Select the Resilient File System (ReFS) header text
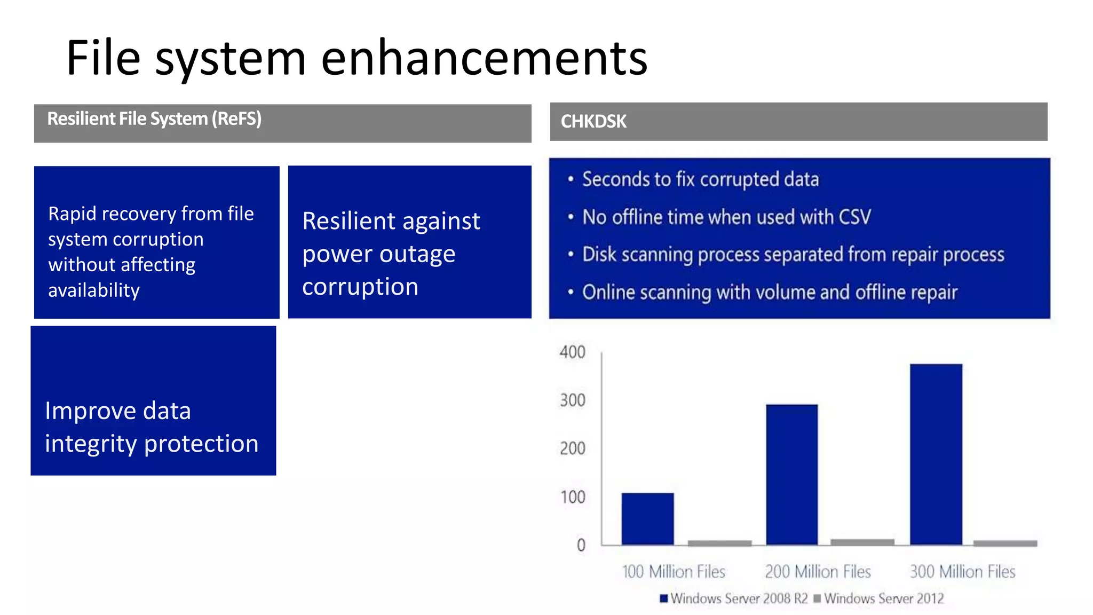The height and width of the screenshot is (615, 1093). (x=154, y=119)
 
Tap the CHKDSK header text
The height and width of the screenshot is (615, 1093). (x=593, y=122)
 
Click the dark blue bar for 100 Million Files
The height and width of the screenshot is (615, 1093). (x=647, y=518)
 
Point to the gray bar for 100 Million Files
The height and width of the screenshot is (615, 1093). (x=719, y=543)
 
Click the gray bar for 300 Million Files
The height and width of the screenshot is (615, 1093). (x=1005, y=543)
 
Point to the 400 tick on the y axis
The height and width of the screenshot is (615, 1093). (x=573, y=352)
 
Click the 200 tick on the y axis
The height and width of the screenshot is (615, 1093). (x=573, y=448)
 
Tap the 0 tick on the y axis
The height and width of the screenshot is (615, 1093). (x=581, y=545)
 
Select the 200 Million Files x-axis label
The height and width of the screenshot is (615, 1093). (x=818, y=572)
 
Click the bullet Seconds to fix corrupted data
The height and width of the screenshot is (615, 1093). (x=700, y=179)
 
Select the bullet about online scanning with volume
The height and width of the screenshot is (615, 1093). (x=769, y=293)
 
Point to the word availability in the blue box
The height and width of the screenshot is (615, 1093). (x=94, y=290)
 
